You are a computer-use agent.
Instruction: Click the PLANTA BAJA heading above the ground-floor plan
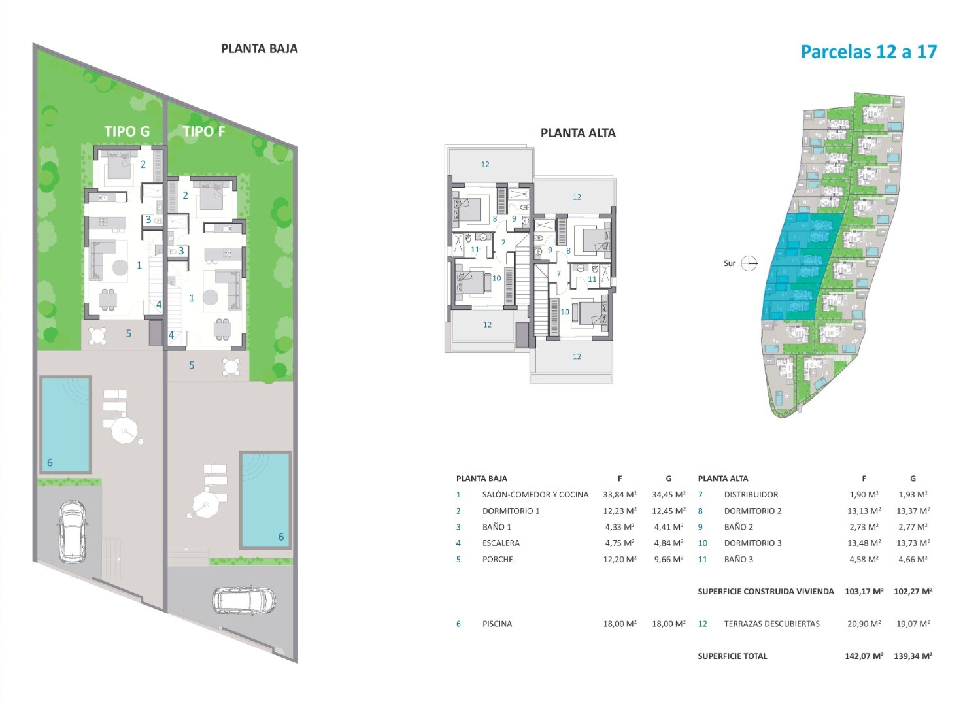pyautogui.click(x=260, y=48)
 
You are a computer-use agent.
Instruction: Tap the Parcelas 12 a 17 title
pyautogui.click(x=869, y=52)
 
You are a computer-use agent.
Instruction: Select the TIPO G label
pyautogui.click(x=127, y=131)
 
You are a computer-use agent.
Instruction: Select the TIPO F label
pyautogui.click(x=204, y=131)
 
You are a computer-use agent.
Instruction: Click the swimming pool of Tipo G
pyautogui.click(x=65, y=424)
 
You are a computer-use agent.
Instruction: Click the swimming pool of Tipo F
pyautogui.click(x=265, y=501)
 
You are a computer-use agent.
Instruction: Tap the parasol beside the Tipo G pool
pyautogui.click(x=125, y=432)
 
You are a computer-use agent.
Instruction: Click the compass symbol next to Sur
pyautogui.click(x=749, y=263)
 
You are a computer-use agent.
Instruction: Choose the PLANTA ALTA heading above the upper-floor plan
pyautogui.click(x=578, y=133)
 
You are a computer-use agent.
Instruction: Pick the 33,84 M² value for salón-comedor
pyautogui.click(x=620, y=495)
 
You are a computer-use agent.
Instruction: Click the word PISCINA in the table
pyautogui.click(x=497, y=624)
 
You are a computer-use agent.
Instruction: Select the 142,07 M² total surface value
pyautogui.click(x=864, y=656)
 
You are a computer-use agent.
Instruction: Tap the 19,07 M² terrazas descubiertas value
pyautogui.click(x=913, y=624)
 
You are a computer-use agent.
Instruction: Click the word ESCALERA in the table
pyautogui.click(x=501, y=543)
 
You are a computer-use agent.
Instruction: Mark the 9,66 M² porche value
pyautogui.click(x=669, y=559)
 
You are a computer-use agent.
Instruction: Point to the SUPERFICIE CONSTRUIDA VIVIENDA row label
pyautogui.click(x=766, y=592)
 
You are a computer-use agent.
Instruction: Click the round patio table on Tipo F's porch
pyautogui.click(x=231, y=367)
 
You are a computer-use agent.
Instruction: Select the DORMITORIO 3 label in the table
pyautogui.click(x=752, y=543)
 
